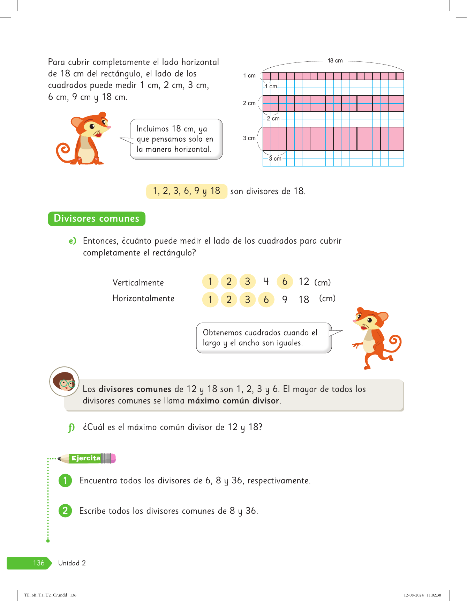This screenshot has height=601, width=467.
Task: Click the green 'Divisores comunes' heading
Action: [x=97, y=218]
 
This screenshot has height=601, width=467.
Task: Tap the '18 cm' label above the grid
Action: [x=335, y=61]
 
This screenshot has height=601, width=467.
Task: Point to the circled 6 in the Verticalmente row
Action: [x=285, y=282]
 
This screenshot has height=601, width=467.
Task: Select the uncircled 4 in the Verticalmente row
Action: [x=266, y=281]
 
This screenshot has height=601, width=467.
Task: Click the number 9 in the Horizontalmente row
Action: [x=285, y=299]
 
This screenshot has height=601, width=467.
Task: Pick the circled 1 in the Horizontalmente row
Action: [x=210, y=299]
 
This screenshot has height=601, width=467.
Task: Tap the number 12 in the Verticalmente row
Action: [x=304, y=282]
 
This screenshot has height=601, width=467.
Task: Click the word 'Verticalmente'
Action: [x=138, y=282]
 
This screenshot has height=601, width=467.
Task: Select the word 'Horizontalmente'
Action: [x=143, y=298]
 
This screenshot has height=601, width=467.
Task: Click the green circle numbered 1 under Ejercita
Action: [x=65, y=481]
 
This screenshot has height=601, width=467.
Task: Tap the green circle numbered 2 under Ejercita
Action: [x=65, y=511]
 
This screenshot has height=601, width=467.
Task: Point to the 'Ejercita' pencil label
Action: [x=86, y=458]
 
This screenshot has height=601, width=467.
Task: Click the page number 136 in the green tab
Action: [x=39, y=563]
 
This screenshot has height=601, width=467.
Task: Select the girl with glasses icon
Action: [x=64, y=381]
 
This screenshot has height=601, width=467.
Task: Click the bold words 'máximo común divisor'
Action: [x=233, y=401]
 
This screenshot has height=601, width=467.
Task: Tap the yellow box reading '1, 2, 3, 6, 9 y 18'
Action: [x=187, y=191]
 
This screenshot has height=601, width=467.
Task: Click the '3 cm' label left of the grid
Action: [x=249, y=138]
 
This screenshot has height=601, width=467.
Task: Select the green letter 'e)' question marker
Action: [x=72, y=241]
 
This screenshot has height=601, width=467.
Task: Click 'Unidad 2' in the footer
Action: [x=72, y=563]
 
